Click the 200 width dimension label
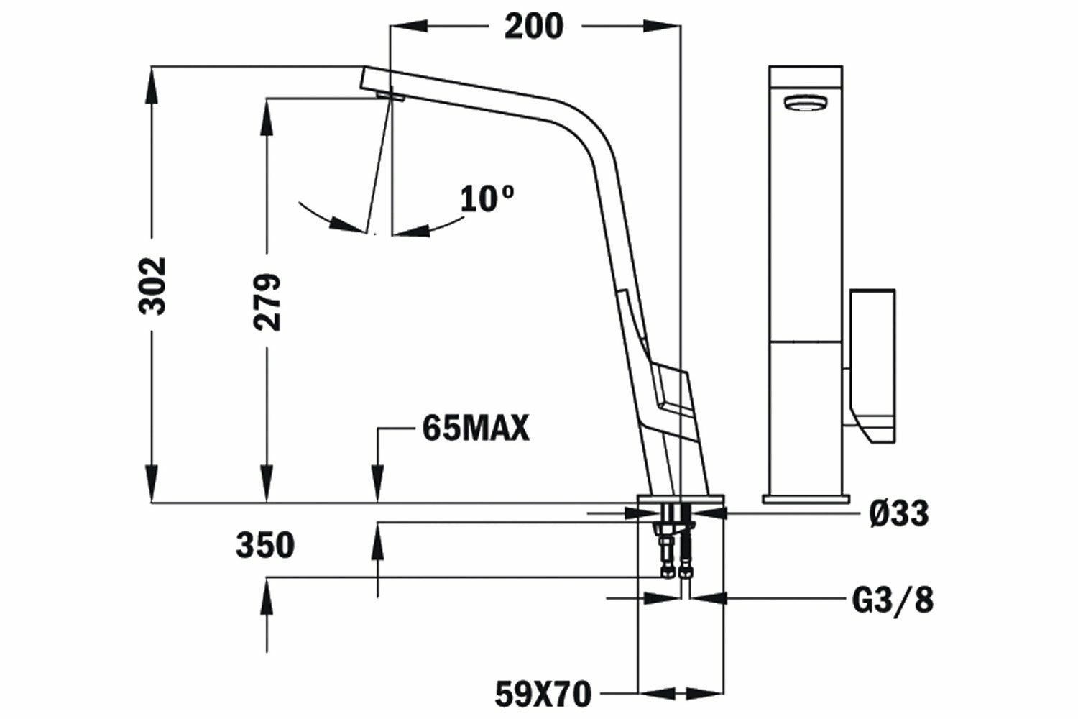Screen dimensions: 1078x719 click(x=534, y=27)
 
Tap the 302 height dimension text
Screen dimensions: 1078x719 click(x=152, y=286)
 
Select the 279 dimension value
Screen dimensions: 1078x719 click(x=267, y=302)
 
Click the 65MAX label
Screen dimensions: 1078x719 click(x=476, y=428)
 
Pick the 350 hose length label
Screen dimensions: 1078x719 click(x=264, y=545)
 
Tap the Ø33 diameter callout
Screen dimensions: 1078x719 click(x=899, y=513)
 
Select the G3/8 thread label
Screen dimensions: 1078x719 click(x=893, y=600)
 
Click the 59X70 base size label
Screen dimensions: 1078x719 click(x=543, y=694)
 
